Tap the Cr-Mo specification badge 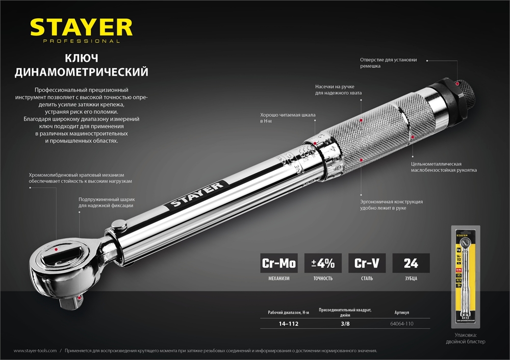click(278, 264)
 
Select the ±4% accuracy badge click(323, 264)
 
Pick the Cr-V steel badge click(367, 264)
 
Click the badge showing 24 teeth click(411, 264)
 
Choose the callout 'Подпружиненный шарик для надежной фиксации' click(106, 202)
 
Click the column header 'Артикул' click(402, 312)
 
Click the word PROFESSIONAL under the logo click(81, 41)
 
